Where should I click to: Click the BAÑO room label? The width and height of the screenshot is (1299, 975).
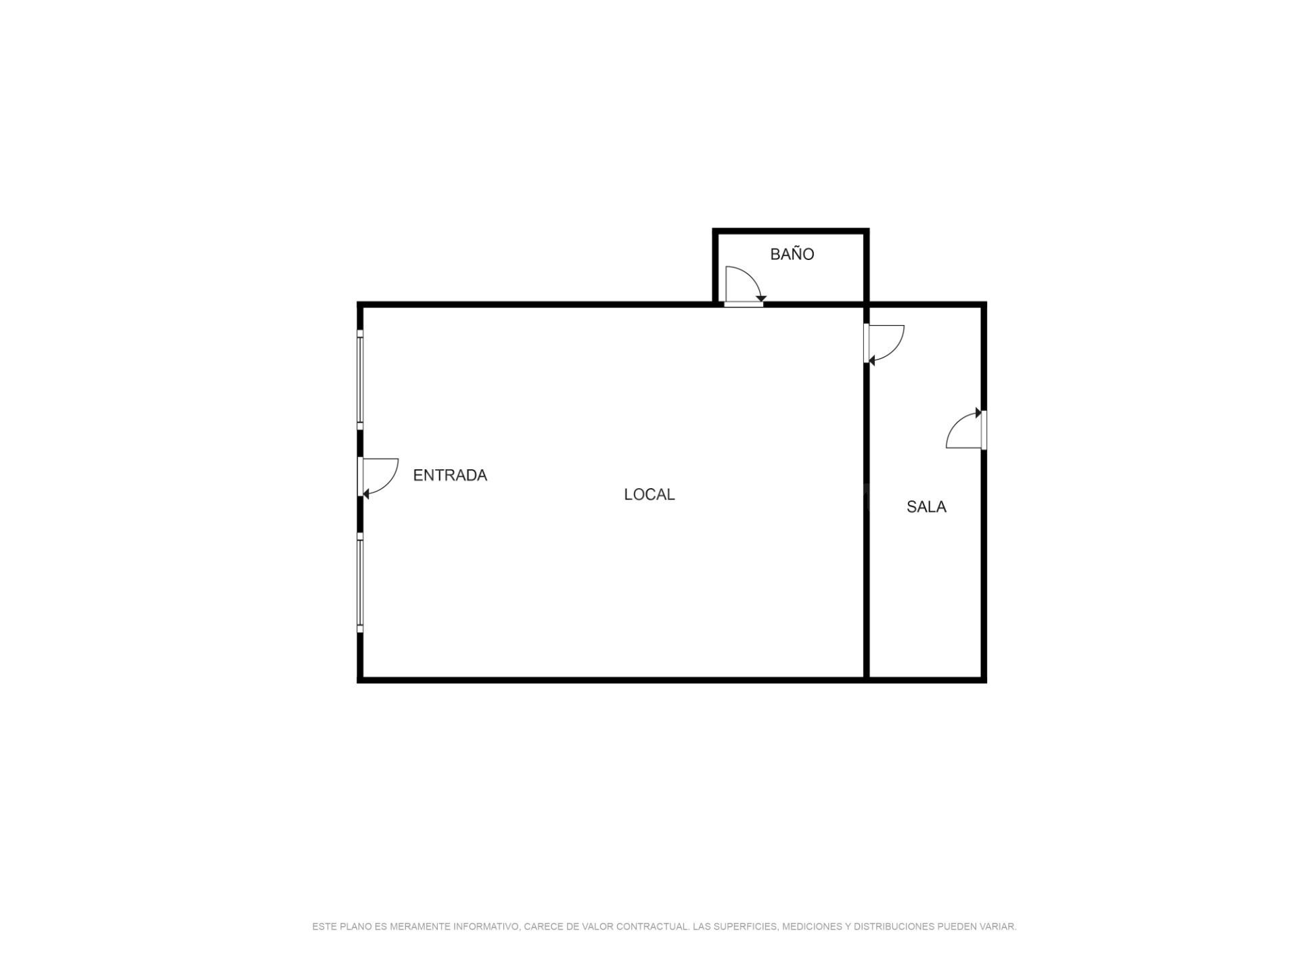pyautogui.click(x=792, y=254)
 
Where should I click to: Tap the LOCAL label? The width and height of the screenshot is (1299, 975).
pyautogui.click(x=649, y=495)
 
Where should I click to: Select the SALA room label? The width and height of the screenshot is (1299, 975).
pyautogui.click(x=926, y=507)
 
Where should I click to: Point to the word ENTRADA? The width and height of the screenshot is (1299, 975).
pyautogui.click(x=450, y=475)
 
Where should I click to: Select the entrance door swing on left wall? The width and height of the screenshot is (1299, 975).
pyautogui.click(x=389, y=485)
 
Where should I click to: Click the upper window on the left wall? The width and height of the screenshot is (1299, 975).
pyautogui.click(x=360, y=379)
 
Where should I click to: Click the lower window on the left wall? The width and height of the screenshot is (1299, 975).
pyautogui.click(x=360, y=582)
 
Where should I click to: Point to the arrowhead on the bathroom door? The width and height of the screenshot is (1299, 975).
pyautogui.click(x=761, y=299)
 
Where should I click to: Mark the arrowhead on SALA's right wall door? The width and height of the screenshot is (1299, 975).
pyautogui.click(x=978, y=412)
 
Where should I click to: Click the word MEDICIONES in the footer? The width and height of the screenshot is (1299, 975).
pyautogui.click(x=812, y=926)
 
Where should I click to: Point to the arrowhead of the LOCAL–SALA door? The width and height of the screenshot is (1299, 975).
pyautogui.click(x=871, y=361)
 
